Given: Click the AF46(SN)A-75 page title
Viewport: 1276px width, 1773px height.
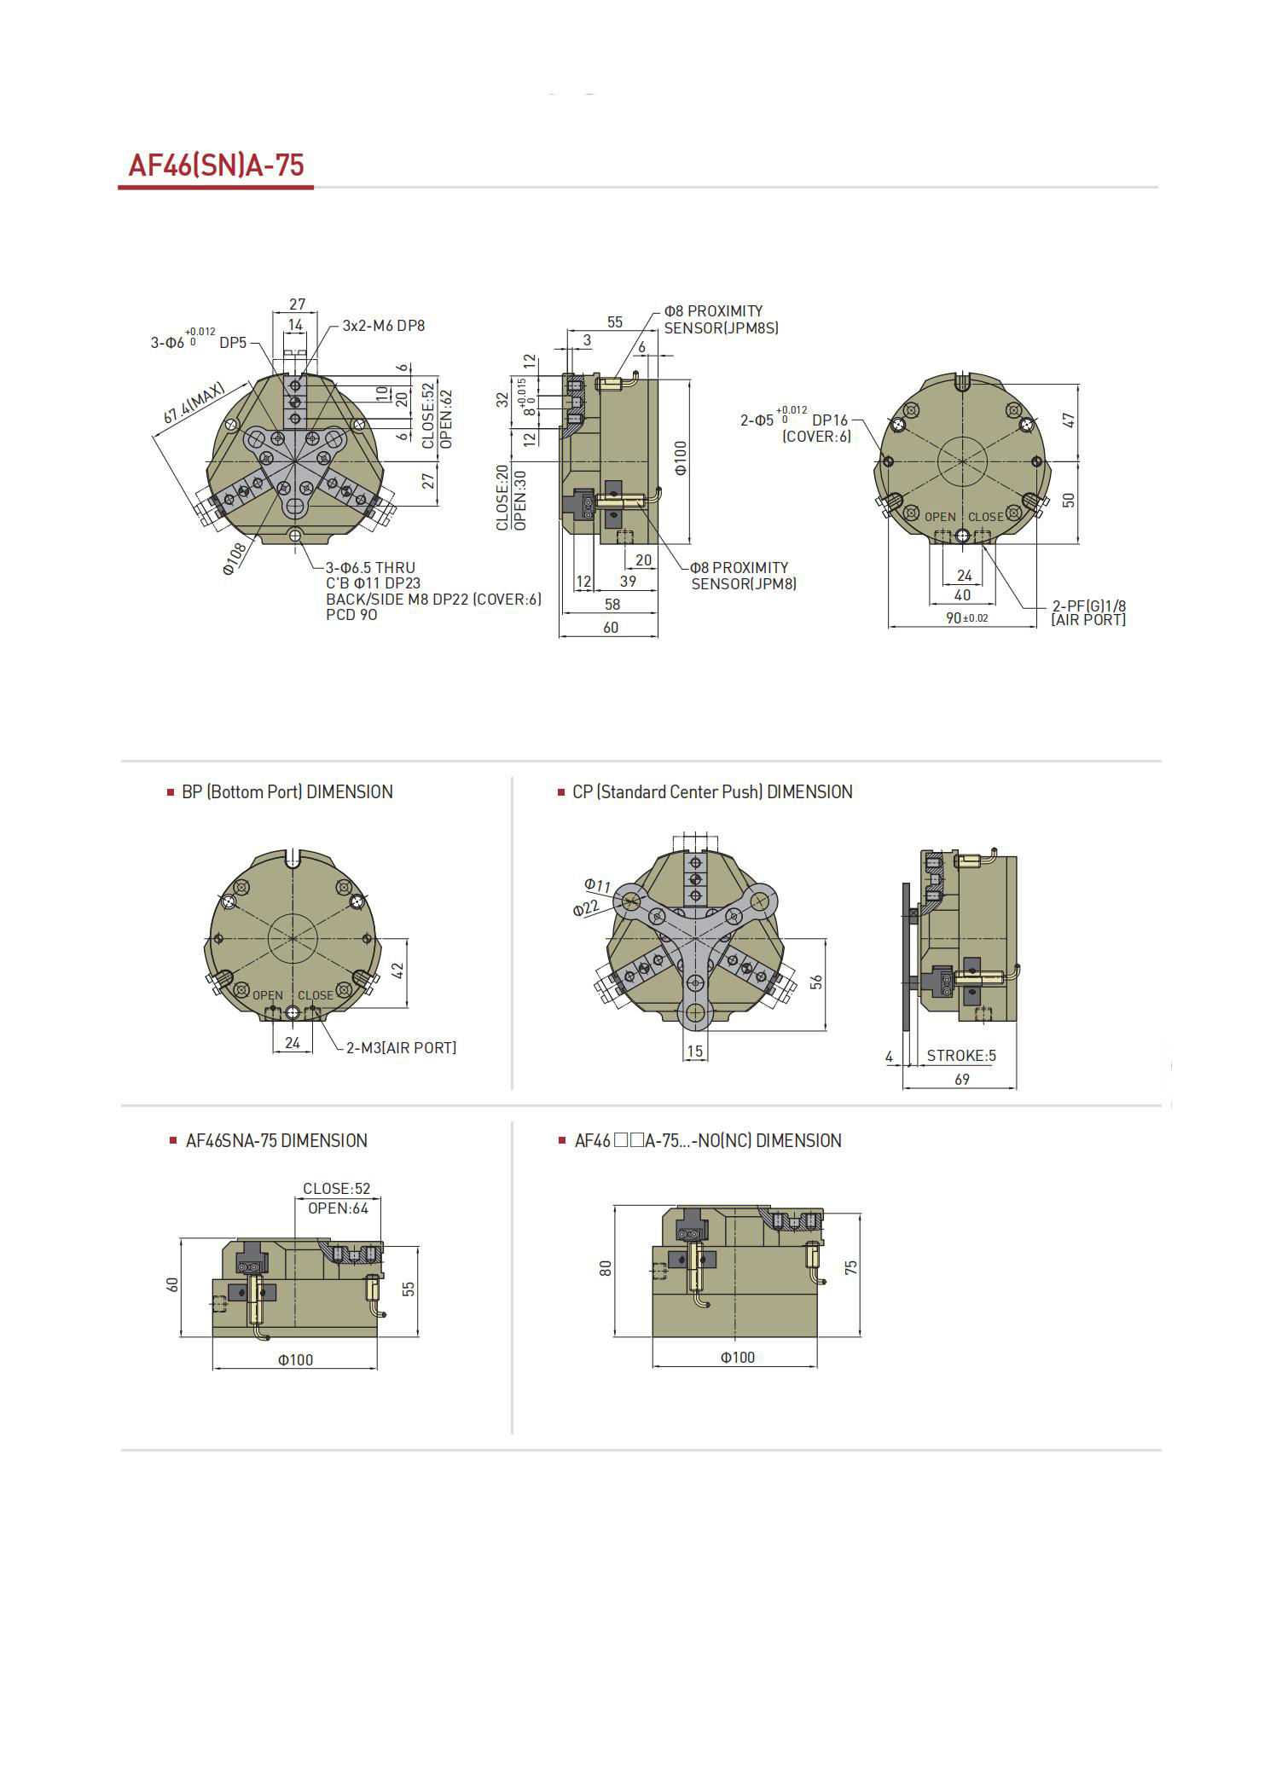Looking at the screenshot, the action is pos(216,165).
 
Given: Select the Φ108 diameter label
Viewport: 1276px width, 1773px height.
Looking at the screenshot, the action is pos(235,559).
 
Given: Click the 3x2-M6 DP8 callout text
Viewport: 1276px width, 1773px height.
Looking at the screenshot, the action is pos(384,325).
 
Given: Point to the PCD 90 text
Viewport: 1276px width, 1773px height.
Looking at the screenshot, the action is pos(351,615).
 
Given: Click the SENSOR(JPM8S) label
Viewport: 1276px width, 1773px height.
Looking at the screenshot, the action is pos(722,327).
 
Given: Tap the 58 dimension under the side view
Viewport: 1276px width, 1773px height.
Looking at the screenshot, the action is pos(612,604).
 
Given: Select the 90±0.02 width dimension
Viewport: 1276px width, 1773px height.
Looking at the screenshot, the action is pos(966,617).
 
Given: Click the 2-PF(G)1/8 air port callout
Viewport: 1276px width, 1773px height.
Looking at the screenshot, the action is pos(1088,605).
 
